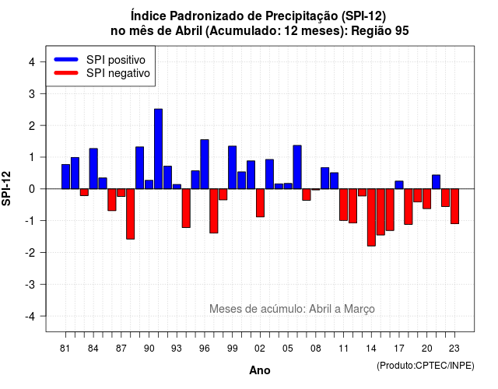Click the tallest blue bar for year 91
(158, 149)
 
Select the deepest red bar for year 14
(371, 217)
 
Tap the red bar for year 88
(130, 214)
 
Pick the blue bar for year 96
(205, 164)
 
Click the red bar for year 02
(260, 203)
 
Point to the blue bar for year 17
(399, 185)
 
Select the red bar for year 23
(454, 206)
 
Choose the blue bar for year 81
(65, 177)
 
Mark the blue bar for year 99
(232, 167)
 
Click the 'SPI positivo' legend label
(116, 60)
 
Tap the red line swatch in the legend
(66, 72)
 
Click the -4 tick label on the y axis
(30, 317)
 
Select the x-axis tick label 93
(177, 349)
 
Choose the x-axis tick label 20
(427, 349)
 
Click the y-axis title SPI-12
(6, 188)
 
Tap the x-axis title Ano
(260, 370)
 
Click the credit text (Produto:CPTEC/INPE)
(426, 366)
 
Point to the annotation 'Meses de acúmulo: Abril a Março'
(292, 309)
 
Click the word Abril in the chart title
(188, 31)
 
